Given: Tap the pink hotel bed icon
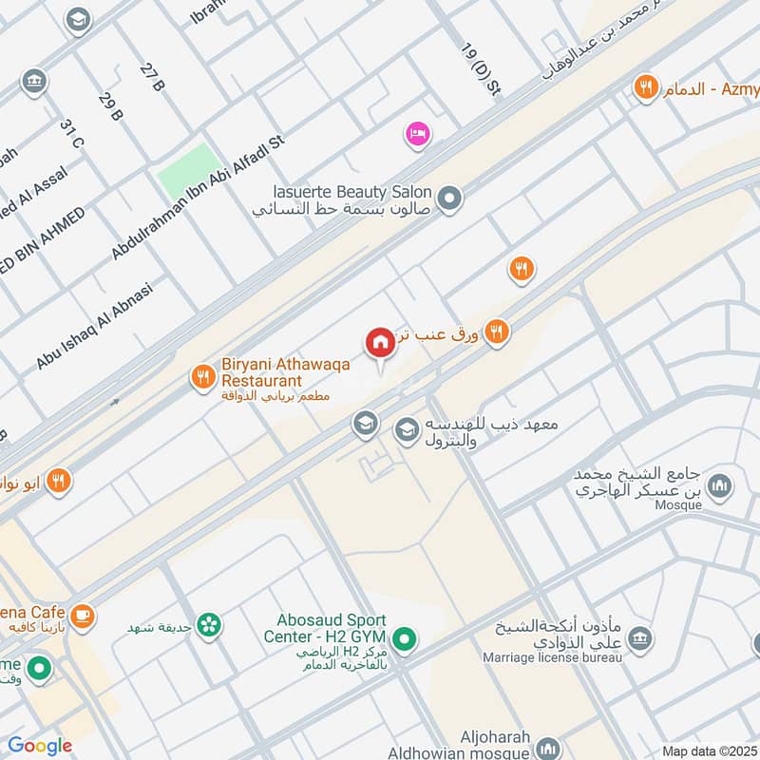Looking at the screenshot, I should tap(417, 135).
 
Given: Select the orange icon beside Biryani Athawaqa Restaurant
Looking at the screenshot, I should tap(201, 377).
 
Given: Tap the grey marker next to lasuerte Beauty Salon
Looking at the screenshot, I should tap(450, 199).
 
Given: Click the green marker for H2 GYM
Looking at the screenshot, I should tap(406, 641).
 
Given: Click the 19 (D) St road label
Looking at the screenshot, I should tap(480, 69).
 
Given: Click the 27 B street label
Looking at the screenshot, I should tap(152, 78).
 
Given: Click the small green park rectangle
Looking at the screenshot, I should tap(187, 172).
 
